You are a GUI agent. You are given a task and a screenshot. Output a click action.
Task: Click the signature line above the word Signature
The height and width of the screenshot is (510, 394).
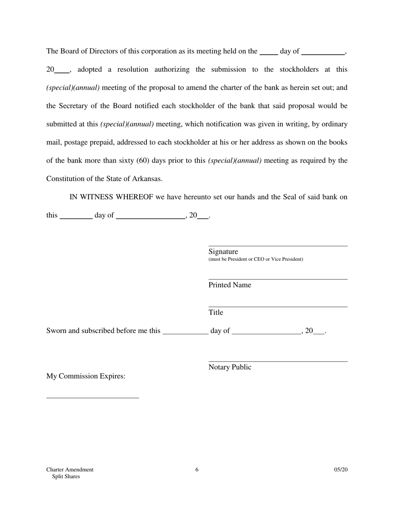(278, 246)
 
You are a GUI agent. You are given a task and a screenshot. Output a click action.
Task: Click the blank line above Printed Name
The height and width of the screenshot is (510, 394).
(278, 279)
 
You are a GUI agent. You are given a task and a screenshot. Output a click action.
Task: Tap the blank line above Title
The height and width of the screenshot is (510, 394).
(278, 307)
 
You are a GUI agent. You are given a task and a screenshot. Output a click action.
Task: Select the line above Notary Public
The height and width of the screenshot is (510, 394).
(278, 362)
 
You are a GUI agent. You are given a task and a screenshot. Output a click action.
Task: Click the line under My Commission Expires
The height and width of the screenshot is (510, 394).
(92, 398)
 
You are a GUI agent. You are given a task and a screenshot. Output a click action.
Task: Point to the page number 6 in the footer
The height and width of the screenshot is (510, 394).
(197, 470)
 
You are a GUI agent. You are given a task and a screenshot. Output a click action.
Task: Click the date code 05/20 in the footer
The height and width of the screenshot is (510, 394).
(341, 470)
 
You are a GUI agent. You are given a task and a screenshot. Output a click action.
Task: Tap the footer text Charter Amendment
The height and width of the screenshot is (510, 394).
(70, 470)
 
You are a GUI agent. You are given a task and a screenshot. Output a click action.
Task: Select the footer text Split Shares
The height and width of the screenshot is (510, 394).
(66, 477)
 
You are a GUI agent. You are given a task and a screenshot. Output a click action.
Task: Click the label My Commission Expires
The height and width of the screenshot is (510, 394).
(86, 376)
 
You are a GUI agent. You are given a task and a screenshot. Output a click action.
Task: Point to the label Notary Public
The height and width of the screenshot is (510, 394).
(230, 367)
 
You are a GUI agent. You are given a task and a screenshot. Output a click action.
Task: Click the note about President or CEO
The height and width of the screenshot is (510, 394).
(255, 260)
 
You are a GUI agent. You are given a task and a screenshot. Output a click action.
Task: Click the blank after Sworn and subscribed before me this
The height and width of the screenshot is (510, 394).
(185, 333)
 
